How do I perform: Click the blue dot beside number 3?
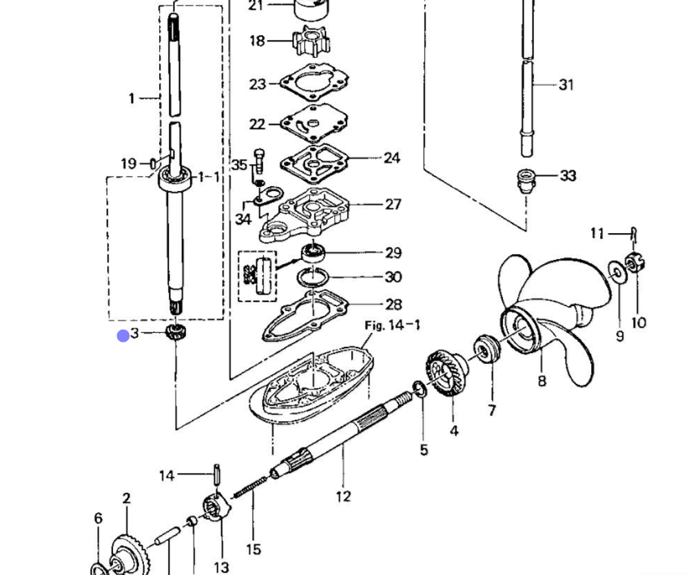point(123,336)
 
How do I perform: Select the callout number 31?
point(566,84)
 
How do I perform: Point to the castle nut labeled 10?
point(635,263)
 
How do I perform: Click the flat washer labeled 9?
point(617,272)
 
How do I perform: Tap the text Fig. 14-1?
point(392,325)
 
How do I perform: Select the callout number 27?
point(393,204)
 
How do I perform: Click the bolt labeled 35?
point(259,161)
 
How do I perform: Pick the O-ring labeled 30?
point(313,277)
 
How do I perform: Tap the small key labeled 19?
point(152,163)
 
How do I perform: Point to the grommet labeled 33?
point(526,181)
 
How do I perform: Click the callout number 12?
point(343,496)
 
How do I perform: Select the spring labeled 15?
point(249,487)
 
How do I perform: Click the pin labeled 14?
point(216,475)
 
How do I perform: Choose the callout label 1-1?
point(208,177)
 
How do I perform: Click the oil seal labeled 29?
point(313,253)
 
